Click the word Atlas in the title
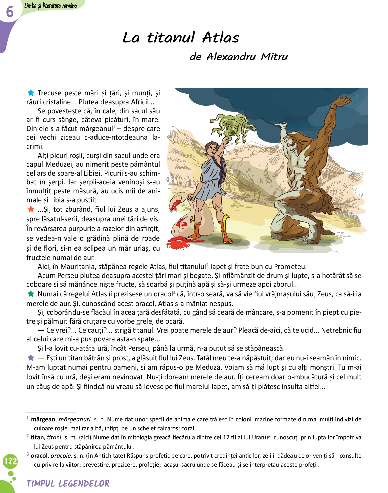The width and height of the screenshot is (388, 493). tap(221, 38)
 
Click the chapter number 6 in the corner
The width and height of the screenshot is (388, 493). tap(10, 12)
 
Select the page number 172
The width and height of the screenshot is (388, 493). tap(10, 462)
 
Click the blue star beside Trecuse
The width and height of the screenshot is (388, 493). tap(31, 93)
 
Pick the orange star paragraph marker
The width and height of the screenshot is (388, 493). tap(31, 209)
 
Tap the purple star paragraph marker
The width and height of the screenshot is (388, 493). tap(31, 358)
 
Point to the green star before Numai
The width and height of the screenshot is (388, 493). tap(31, 294)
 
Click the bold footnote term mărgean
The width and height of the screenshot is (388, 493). tap(43, 419)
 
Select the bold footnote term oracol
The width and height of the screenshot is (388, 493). tap(39, 456)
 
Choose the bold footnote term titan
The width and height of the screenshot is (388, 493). tap(37, 437)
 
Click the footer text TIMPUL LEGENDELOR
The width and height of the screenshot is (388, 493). tap(68, 484)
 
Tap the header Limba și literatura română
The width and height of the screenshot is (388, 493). tap(51, 5)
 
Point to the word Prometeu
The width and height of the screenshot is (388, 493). tap(290, 267)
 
